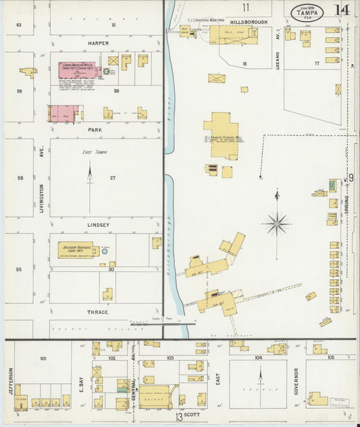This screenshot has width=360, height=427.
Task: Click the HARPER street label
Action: point(99,43)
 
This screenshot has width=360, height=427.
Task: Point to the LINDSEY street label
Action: point(99,221)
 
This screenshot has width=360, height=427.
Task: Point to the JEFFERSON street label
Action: point(11,382)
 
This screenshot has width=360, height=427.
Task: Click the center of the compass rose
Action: point(277,222)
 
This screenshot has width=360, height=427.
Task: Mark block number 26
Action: point(116,91)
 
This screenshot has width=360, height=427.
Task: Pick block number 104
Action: point(259,357)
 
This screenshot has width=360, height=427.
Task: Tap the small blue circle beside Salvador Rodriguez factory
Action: point(104,251)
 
